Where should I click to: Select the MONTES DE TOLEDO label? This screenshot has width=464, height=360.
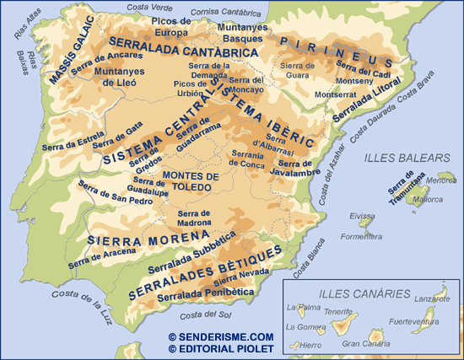tap(191, 181)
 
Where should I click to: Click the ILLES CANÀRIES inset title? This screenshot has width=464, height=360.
tap(359, 295)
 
